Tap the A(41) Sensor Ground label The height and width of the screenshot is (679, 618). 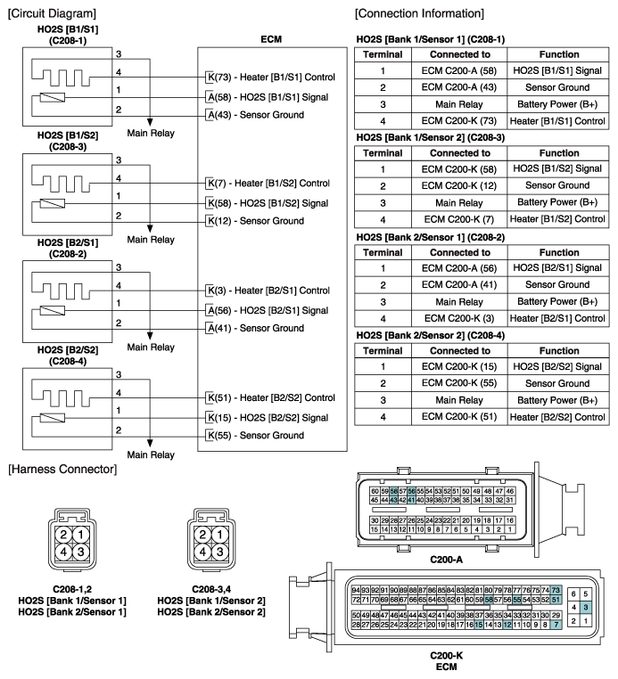(254, 328)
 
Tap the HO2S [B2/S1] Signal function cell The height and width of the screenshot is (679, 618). (559, 268)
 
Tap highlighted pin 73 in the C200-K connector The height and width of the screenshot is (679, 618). (556, 590)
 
